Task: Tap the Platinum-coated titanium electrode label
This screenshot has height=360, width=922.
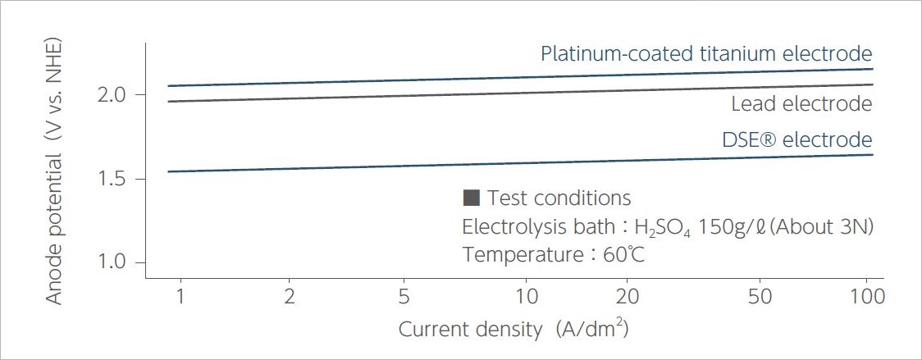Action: click(705, 54)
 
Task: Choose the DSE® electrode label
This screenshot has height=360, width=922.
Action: click(796, 139)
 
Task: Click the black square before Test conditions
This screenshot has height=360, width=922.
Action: click(471, 198)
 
